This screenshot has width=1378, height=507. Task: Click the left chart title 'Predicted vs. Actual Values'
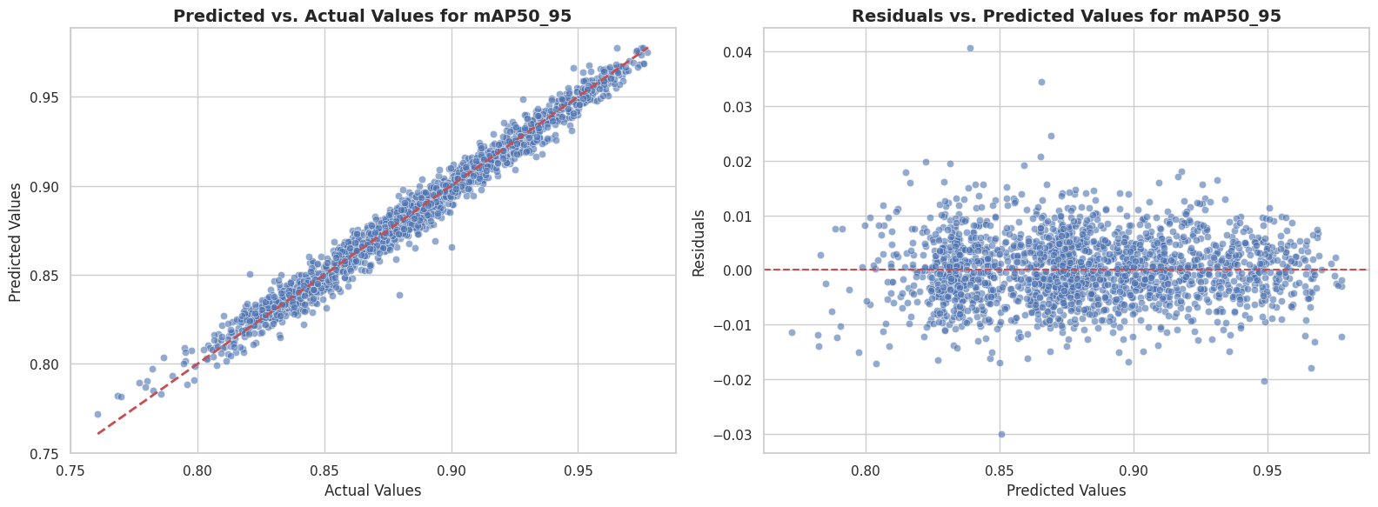(x=372, y=16)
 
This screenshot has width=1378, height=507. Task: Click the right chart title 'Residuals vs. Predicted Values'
(x=1066, y=16)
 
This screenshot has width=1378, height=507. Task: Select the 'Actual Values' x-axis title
(x=372, y=490)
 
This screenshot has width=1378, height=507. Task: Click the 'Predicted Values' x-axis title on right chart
(x=1066, y=490)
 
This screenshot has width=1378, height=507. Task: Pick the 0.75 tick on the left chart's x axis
(x=70, y=470)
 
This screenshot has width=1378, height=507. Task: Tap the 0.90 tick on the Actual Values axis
(x=452, y=470)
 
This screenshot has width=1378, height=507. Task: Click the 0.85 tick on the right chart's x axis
(x=1000, y=470)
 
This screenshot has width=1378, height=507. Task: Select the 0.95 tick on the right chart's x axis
(x=1268, y=470)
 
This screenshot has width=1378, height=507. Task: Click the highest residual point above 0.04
(x=970, y=49)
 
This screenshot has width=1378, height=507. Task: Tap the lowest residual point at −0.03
(x=1001, y=434)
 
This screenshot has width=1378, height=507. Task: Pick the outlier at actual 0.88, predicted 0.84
(x=399, y=295)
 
